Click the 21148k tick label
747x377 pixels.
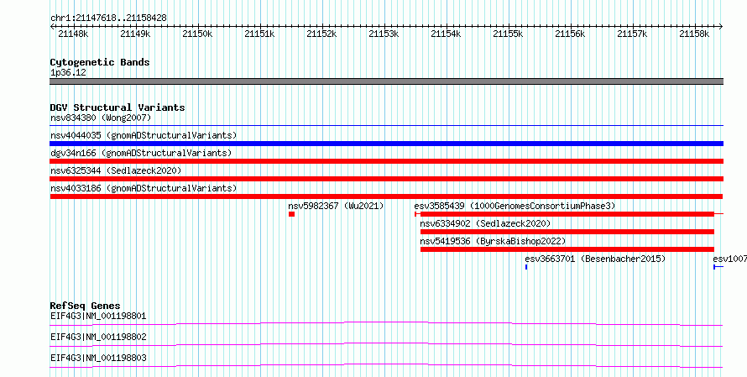(x=73, y=34)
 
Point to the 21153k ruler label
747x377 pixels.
(x=384, y=34)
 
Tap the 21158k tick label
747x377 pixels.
(x=694, y=34)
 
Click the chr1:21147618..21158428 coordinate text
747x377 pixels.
(x=108, y=18)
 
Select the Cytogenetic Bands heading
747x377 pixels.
(x=100, y=62)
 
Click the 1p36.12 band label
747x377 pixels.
(x=68, y=73)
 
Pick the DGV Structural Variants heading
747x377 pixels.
(x=118, y=107)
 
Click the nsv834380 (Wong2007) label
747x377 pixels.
(x=101, y=118)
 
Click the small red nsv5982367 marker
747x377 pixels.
(x=291, y=214)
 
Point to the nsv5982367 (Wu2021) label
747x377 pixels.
(x=336, y=206)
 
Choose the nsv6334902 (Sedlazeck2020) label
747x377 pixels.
(x=485, y=223)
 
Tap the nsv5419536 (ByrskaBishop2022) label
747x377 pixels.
(x=493, y=241)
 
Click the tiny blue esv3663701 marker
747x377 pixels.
(x=526, y=267)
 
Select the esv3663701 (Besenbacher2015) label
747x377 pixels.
(x=595, y=259)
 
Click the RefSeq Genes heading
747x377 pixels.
(x=86, y=306)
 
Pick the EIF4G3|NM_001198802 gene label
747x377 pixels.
(x=98, y=337)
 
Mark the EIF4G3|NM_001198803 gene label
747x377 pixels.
(x=98, y=358)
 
